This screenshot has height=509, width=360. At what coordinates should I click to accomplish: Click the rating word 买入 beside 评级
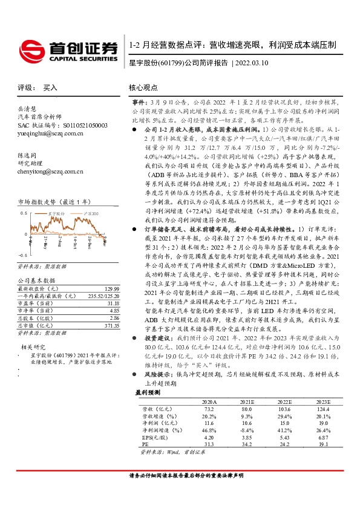(x=50, y=88)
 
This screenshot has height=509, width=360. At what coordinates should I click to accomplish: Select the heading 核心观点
(x=143, y=88)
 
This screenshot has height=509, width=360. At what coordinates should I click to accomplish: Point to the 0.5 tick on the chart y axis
(x=23, y=213)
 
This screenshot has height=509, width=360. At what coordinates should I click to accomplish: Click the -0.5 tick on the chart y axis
(x=22, y=256)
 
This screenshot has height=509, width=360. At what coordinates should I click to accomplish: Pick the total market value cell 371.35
(x=111, y=325)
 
